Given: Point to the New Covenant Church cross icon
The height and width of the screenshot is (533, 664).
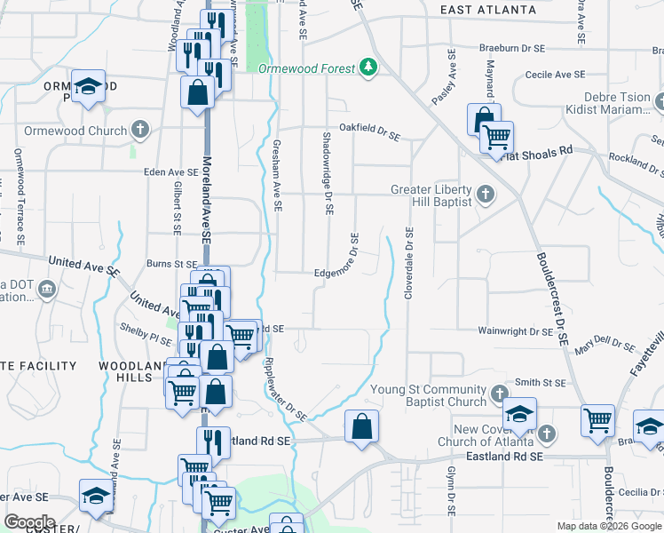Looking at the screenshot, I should [547, 434].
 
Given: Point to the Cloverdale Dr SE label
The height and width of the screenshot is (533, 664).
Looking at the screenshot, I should [409, 264].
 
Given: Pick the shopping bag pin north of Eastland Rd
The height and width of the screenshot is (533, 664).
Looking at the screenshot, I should [362, 426].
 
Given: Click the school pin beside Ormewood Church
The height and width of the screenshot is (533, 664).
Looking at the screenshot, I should [88, 87].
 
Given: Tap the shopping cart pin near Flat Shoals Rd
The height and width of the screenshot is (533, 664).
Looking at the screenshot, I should [496, 137].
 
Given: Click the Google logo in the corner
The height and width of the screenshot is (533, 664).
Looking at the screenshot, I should [29, 522].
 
